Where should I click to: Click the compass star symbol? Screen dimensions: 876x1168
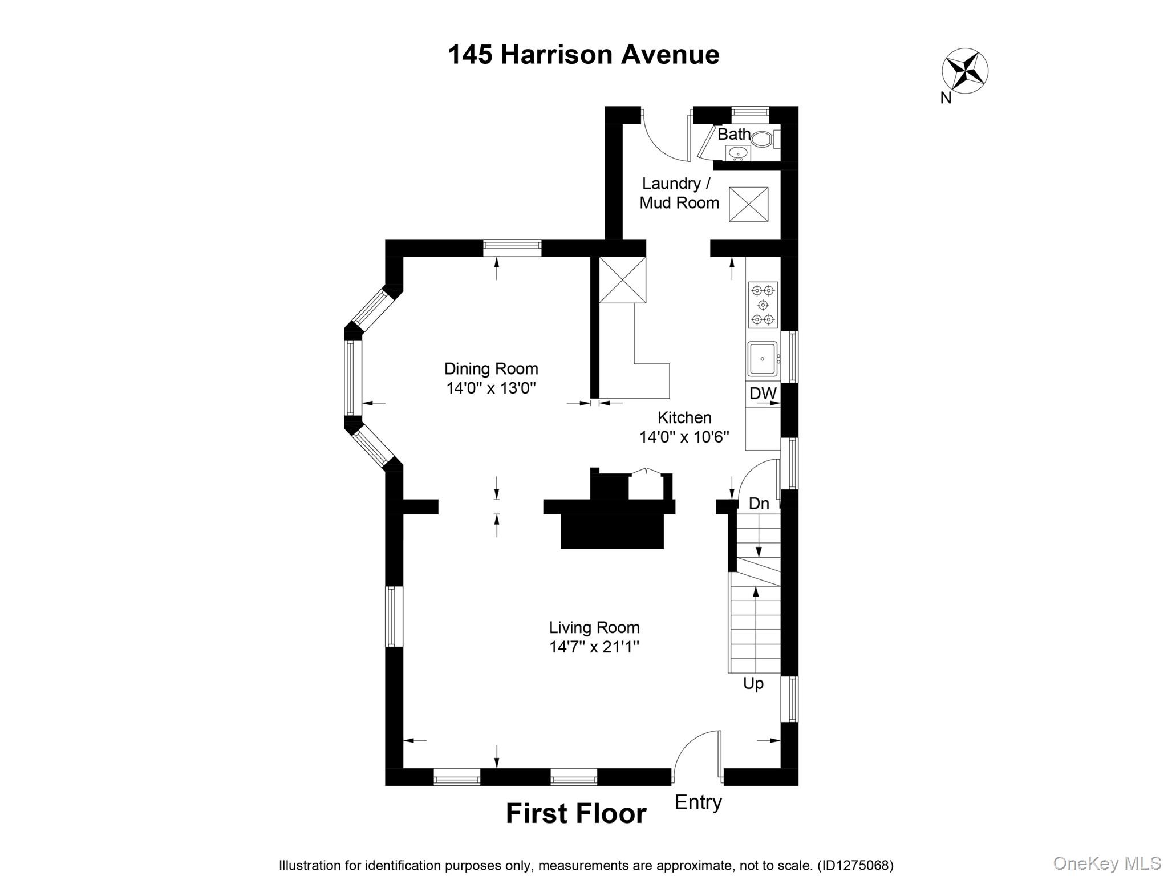[964, 71]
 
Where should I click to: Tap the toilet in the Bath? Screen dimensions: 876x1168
[764, 139]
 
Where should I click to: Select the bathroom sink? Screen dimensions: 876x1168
[737, 153]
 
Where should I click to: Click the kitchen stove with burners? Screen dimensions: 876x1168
[763, 305]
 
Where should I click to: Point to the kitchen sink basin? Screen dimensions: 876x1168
[762, 359]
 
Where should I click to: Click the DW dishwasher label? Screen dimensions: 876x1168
[763, 393]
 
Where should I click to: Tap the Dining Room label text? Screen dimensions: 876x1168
[491, 368]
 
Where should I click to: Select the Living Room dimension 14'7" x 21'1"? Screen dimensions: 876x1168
[594, 647]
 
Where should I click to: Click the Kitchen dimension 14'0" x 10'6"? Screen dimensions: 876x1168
[684, 437]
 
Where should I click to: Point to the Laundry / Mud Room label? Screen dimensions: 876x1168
[679, 193]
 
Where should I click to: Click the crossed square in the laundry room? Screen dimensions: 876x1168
[748, 204]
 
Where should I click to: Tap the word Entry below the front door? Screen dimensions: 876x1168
[698, 802]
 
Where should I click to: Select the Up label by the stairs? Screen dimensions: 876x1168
[753, 683]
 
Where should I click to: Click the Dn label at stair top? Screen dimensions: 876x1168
[759, 503]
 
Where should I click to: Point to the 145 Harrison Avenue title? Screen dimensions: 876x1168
[583, 55]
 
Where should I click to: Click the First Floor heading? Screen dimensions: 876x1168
[576, 813]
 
